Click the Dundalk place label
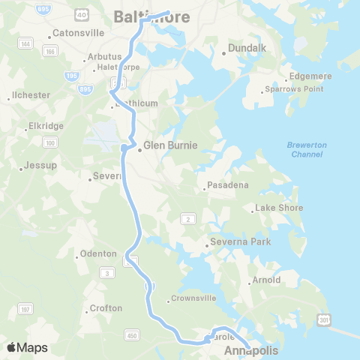coord(244,52)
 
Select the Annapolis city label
coord(250,350)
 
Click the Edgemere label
coord(310,76)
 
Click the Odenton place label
coord(97,253)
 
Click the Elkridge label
coord(45,126)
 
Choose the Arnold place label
coord(267,280)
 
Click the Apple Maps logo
coord(27,347)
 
